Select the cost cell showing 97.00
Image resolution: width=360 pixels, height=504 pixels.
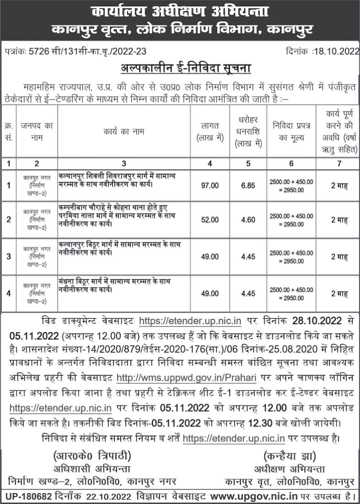210,185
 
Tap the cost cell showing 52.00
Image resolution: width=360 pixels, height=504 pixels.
210,220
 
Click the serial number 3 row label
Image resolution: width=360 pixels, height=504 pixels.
9,256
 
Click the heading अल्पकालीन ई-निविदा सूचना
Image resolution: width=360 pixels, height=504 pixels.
180,68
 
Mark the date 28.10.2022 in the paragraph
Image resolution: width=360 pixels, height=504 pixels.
314,321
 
